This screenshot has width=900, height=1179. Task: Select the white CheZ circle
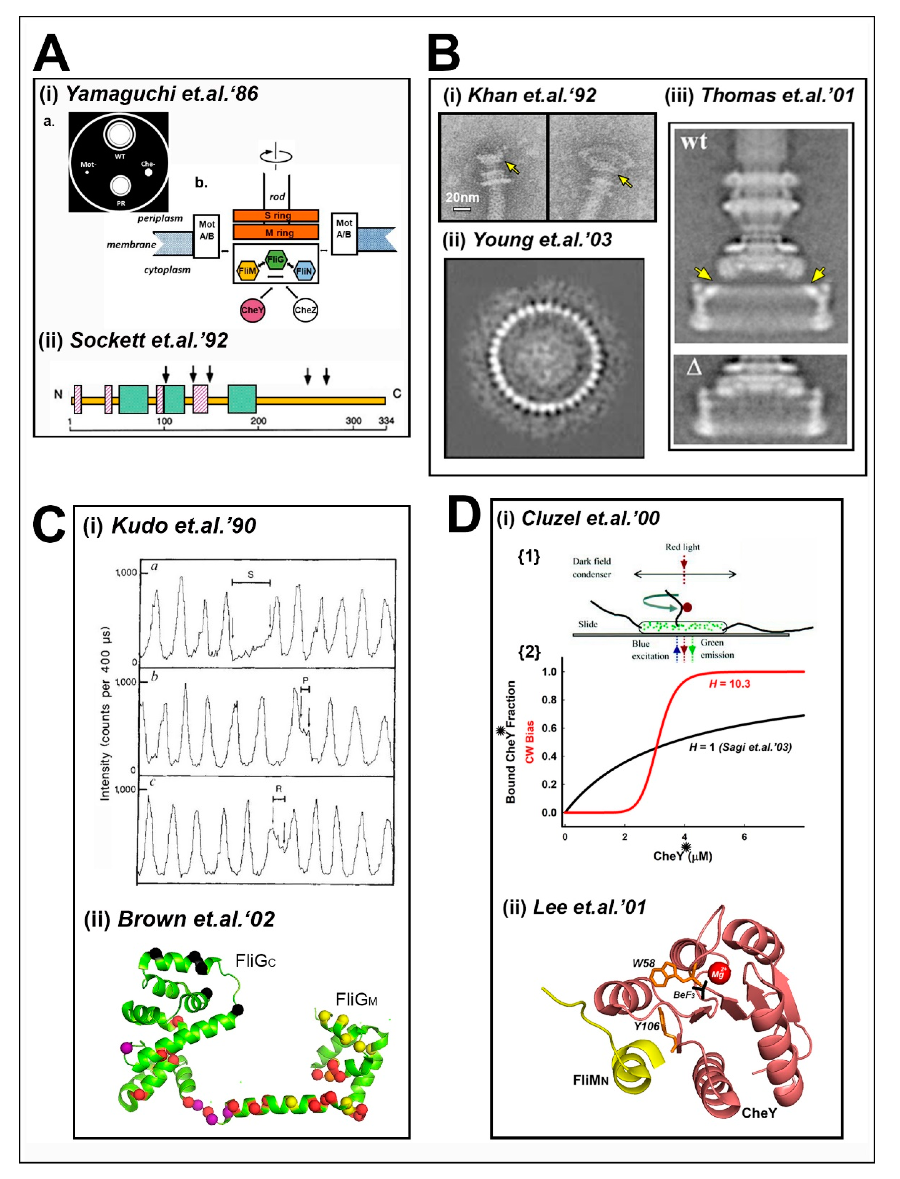305,310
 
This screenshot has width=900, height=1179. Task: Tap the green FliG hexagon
276,260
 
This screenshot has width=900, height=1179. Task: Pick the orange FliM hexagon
247,271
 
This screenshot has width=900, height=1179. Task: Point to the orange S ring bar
276,215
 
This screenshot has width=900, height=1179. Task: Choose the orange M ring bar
276,233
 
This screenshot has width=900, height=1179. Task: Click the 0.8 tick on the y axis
549,699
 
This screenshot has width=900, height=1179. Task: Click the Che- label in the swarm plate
148,164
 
